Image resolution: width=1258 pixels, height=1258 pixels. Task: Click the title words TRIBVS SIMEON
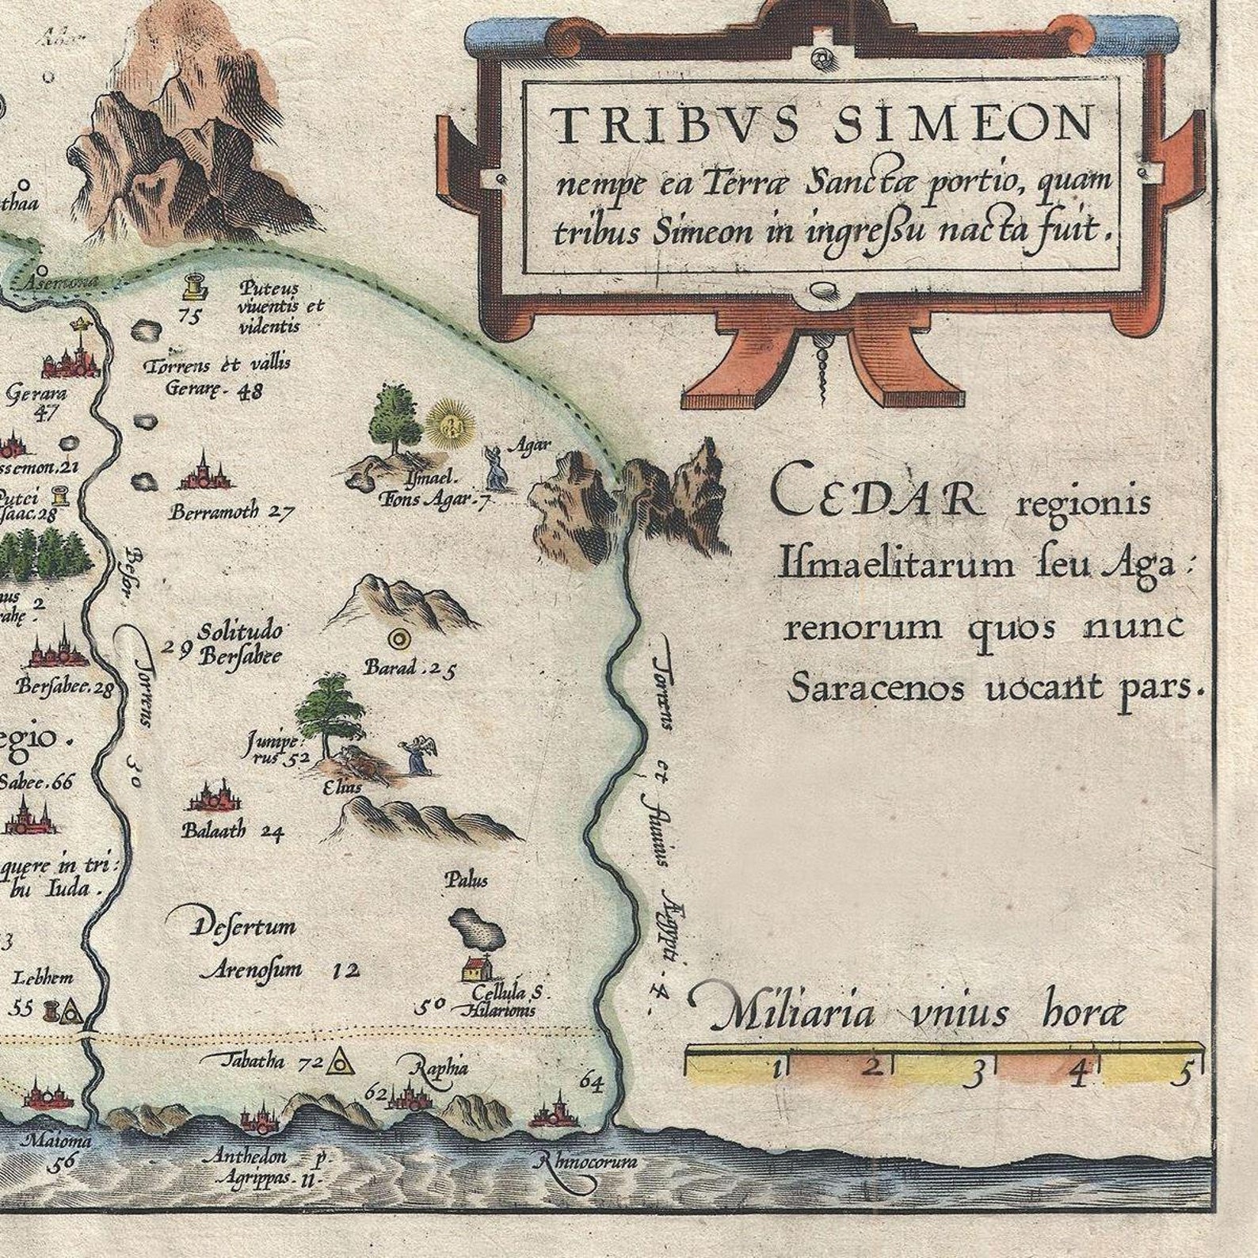point(820,125)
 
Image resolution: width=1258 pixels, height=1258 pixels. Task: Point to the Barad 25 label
point(410,669)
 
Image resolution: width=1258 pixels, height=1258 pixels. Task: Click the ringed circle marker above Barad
point(396,638)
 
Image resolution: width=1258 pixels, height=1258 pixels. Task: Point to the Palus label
point(466,880)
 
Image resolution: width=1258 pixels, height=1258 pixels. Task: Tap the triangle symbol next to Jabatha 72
point(341,1059)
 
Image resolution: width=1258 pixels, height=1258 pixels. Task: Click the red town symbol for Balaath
point(214,799)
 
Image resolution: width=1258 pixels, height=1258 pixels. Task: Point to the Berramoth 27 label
point(230,512)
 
